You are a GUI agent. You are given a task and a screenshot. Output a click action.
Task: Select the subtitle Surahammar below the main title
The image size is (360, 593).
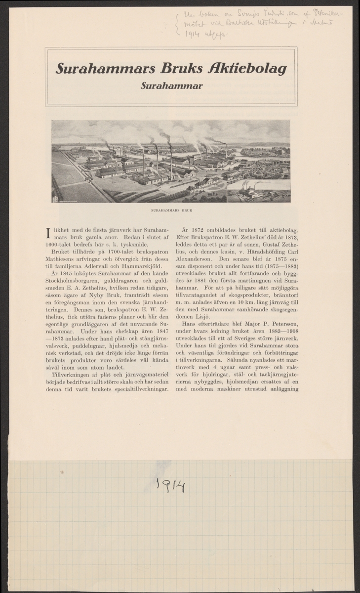click(170, 85)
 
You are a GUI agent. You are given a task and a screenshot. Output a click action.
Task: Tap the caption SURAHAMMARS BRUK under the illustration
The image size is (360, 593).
click(171, 210)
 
